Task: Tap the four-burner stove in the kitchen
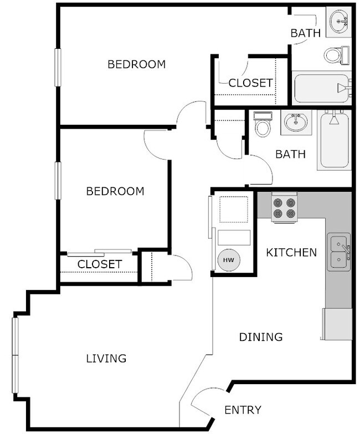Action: pyautogui.click(x=284, y=208)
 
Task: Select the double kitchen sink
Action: pyautogui.click(x=338, y=252)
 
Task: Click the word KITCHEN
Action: pyautogui.click(x=291, y=253)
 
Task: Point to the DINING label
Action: pyautogui.click(x=261, y=337)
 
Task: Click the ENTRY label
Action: pyautogui.click(x=243, y=410)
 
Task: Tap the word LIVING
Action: pyautogui.click(x=106, y=359)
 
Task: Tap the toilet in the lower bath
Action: pyautogui.click(x=263, y=125)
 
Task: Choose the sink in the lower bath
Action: pyautogui.click(x=296, y=121)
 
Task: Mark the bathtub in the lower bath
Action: pyautogui.click(x=333, y=140)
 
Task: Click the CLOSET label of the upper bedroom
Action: pyautogui.click(x=250, y=83)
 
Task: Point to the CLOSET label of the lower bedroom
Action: pyautogui.click(x=99, y=264)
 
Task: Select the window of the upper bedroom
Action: pyautogui.click(x=57, y=67)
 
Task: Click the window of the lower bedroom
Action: pyautogui.click(x=57, y=180)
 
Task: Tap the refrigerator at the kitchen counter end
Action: pyautogui.click(x=337, y=324)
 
